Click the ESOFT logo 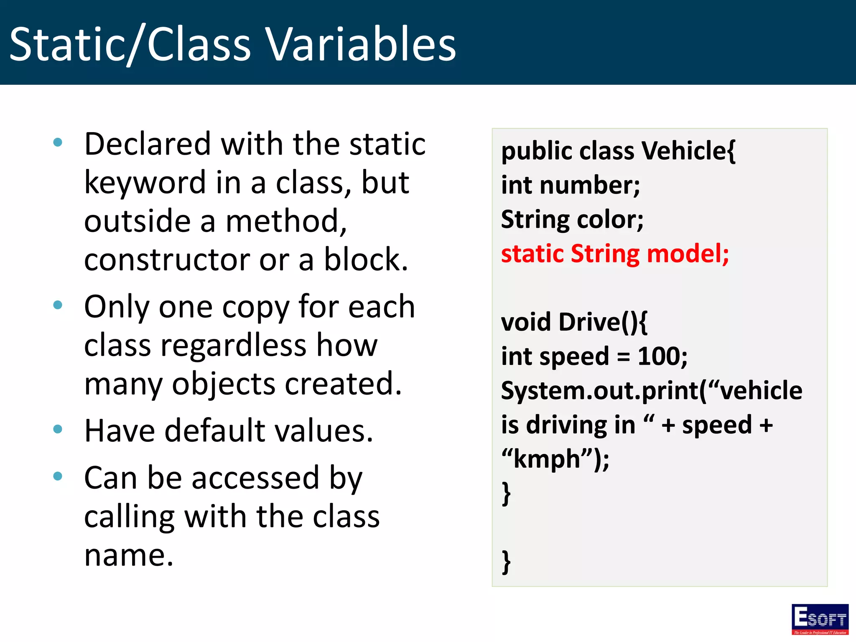[x=820, y=619]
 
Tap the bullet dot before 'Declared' [x=58, y=143]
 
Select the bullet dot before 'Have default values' [x=58, y=429]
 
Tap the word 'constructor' [x=166, y=260]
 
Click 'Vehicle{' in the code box [x=688, y=151]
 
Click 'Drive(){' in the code [x=603, y=322]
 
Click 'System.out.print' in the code [x=600, y=391]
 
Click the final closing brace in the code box [x=506, y=562]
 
